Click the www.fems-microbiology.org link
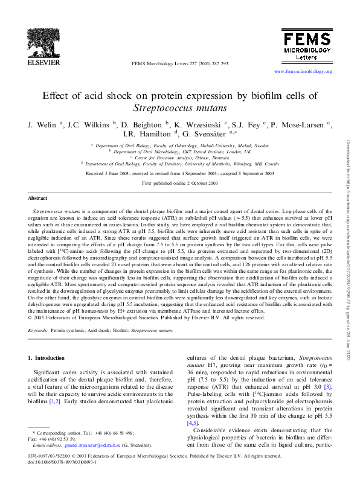[303, 71]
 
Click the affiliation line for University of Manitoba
[180, 163]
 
